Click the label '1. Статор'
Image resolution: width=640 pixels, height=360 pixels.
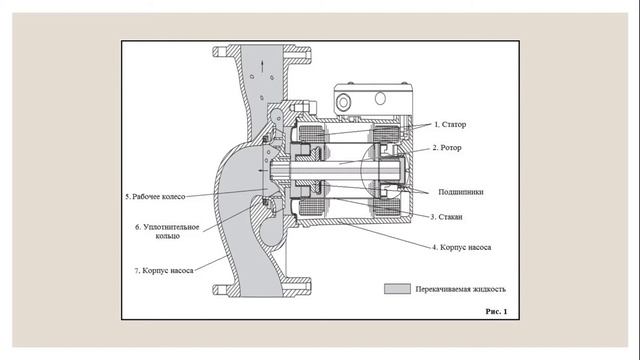click(x=450, y=124)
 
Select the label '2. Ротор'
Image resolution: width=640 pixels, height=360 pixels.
click(x=447, y=148)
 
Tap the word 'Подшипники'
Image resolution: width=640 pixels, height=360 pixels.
click(x=461, y=192)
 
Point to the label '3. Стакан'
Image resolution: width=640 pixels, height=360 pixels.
click(x=447, y=217)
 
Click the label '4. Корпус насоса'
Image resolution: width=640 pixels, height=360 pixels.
click(x=462, y=247)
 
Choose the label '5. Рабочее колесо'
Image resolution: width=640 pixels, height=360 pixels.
click(x=155, y=197)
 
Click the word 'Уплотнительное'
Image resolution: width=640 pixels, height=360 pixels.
click(x=171, y=227)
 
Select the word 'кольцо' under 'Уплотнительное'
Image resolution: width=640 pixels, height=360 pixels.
click(x=168, y=236)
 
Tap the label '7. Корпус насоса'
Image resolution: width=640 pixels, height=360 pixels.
click(x=164, y=271)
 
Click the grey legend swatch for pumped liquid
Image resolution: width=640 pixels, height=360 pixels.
click(x=397, y=289)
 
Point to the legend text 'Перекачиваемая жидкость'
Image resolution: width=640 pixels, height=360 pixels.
click(x=460, y=289)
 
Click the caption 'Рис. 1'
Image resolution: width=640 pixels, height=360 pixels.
click(x=496, y=311)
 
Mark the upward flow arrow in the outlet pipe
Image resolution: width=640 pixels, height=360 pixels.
click(x=262, y=66)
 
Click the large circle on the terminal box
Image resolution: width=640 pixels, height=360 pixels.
click(x=343, y=102)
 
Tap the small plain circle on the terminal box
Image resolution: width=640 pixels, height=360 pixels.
click(x=380, y=98)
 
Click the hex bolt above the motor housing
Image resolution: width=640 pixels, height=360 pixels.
click(x=303, y=107)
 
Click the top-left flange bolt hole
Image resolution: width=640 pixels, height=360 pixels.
click(x=220, y=52)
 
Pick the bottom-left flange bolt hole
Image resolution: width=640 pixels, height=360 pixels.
click(x=220, y=290)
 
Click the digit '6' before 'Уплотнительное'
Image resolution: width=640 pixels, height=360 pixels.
click(x=137, y=227)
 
